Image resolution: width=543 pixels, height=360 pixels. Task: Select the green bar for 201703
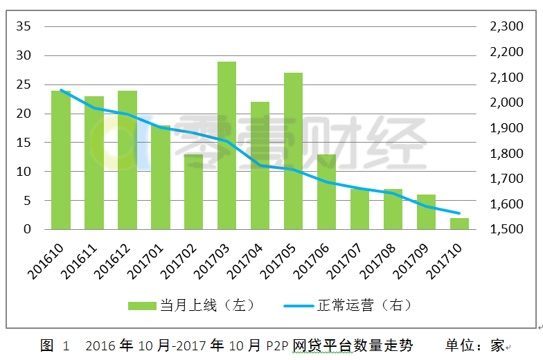click(227, 145)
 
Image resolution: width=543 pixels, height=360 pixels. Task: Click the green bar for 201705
click(294, 151)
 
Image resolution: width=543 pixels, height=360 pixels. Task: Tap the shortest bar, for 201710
click(460, 224)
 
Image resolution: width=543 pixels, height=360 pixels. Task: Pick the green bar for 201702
click(194, 192)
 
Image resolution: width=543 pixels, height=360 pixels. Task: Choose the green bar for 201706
click(327, 192)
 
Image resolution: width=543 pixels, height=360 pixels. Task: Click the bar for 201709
click(427, 212)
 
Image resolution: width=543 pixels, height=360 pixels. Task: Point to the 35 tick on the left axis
click(24, 26)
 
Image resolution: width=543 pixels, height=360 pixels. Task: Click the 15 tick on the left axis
click(24, 143)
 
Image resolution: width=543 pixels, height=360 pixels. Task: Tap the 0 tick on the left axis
click(27, 229)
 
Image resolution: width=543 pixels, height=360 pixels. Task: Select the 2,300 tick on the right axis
click(506, 26)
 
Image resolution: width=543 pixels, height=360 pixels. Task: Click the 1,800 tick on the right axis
click(506, 154)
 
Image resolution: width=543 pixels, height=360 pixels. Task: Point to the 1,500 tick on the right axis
click(506, 229)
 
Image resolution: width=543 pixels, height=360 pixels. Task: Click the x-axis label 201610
click(46, 262)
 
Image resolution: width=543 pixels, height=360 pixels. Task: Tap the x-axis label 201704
click(245, 262)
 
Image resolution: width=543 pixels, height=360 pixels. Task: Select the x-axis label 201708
click(378, 262)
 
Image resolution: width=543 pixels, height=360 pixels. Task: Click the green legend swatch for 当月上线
click(142, 306)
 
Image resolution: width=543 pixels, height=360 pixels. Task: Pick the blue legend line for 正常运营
click(299, 306)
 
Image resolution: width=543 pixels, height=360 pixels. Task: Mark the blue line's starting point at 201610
click(61, 90)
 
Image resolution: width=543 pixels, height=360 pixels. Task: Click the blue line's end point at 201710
click(460, 213)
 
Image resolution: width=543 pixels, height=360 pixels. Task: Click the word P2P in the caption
click(277, 346)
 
